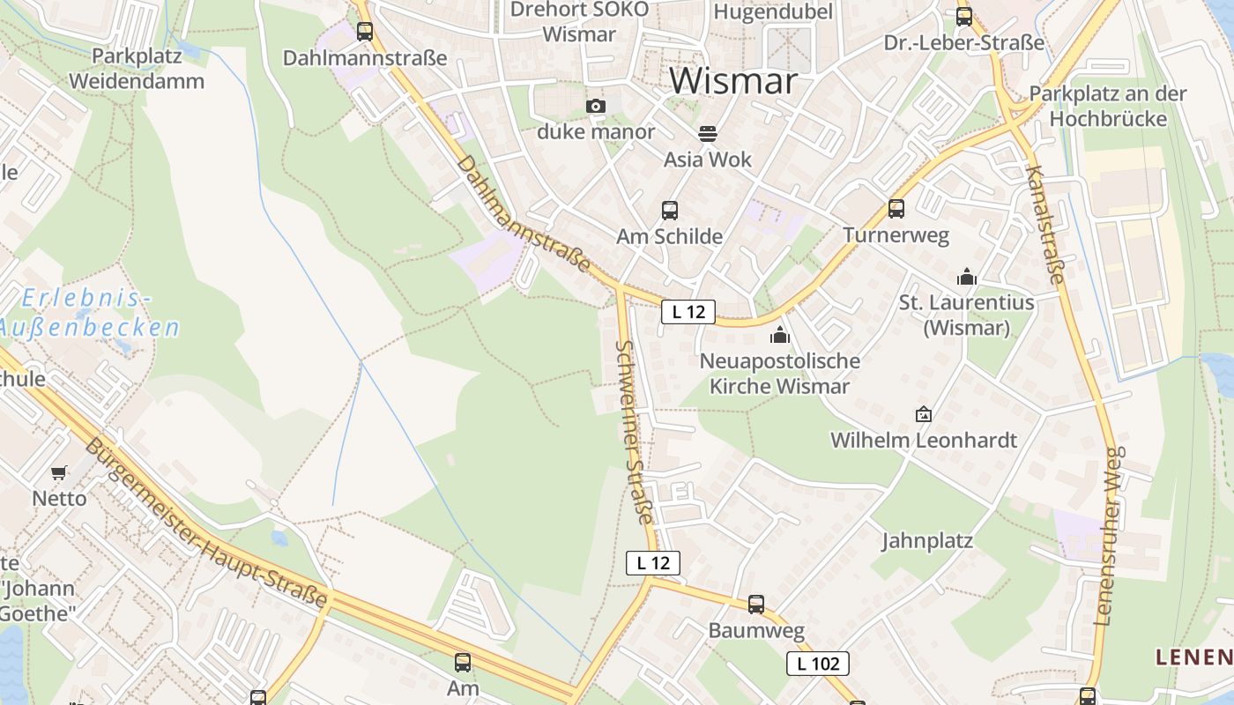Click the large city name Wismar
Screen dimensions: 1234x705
pos(733,81)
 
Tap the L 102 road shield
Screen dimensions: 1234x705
pos(818,664)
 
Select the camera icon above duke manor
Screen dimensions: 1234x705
pos(596,107)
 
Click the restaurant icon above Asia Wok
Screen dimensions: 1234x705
pos(708,134)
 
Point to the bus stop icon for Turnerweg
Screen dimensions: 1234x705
pos(896,209)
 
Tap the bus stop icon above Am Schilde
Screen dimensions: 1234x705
pos(670,211)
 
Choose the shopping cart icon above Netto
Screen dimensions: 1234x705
pos(59,472)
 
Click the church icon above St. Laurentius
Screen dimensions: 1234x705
pos(967,278)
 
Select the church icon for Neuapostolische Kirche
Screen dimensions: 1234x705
pos(779,335)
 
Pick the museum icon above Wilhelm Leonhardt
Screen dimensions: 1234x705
pos(924,413)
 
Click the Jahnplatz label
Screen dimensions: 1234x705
pos(927,540)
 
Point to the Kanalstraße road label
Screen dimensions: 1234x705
pos(1046,224)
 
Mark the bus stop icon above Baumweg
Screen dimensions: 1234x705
pos(756,605)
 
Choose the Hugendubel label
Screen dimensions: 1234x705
pos(773,11)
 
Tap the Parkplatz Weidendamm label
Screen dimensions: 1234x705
pos(137,69)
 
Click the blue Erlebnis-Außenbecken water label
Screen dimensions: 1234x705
pos(88,313)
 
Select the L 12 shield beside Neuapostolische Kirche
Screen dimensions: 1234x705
pos(688,311)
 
